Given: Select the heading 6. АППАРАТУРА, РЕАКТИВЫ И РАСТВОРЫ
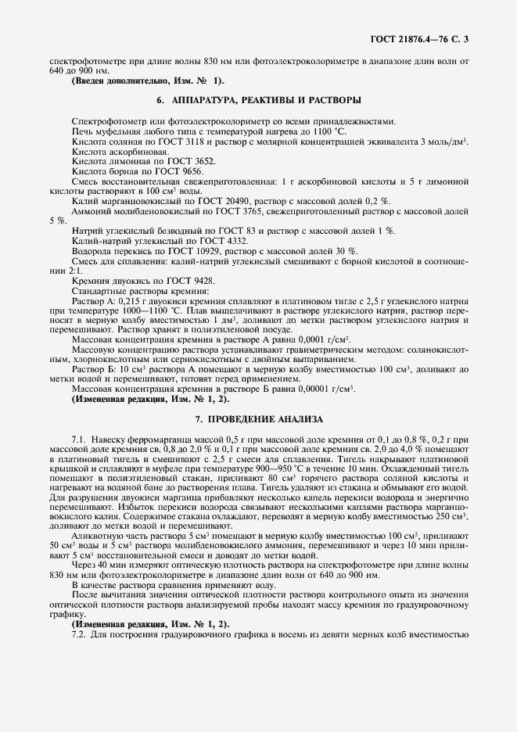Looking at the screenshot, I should pos(258,100).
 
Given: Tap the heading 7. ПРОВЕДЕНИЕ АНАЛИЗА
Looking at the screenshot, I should pos(258,419).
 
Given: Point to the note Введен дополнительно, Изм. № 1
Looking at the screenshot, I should pos(148,81).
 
